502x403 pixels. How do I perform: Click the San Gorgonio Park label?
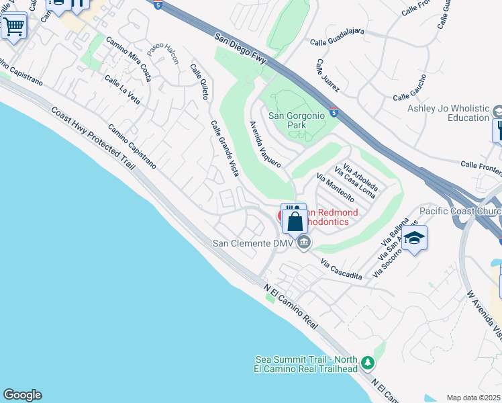pos(297,120)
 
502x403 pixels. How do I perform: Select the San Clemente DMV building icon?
pos(304,242)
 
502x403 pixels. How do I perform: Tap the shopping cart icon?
pos(13,28)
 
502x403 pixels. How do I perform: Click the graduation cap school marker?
pos(414,239)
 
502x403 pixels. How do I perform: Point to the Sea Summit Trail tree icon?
pos(367,363)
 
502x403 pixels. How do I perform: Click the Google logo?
pos(22,395)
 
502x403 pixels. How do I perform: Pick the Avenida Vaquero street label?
pos(264,144)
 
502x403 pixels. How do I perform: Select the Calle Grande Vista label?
pos(225,148)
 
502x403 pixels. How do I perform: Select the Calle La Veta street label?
pos(122,89)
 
